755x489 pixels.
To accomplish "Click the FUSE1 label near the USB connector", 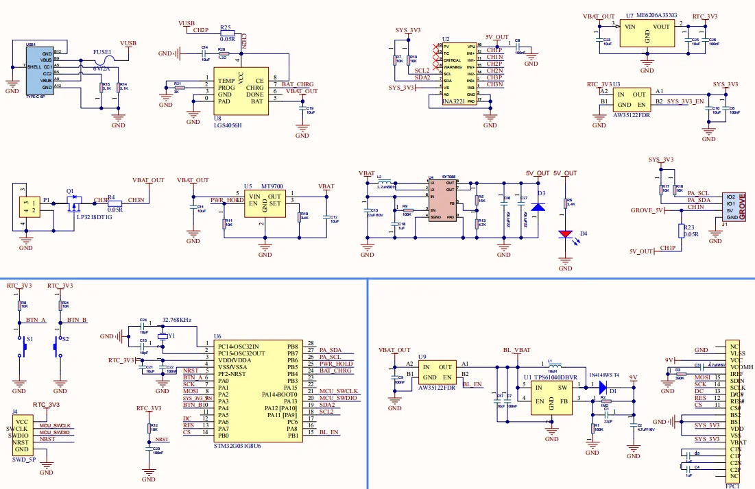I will (102, 51).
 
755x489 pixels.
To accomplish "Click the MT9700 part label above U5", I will (272, 186).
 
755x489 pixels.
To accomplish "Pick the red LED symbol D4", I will (565, 234).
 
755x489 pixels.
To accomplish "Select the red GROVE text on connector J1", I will (742, 205).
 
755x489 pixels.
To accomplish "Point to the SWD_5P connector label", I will (24, 460).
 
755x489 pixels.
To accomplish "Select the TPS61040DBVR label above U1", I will (555, 377).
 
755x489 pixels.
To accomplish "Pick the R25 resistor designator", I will (227, 27).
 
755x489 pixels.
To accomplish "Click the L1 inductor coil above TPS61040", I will (554, 365).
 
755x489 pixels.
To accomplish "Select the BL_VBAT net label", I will (516, 350).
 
